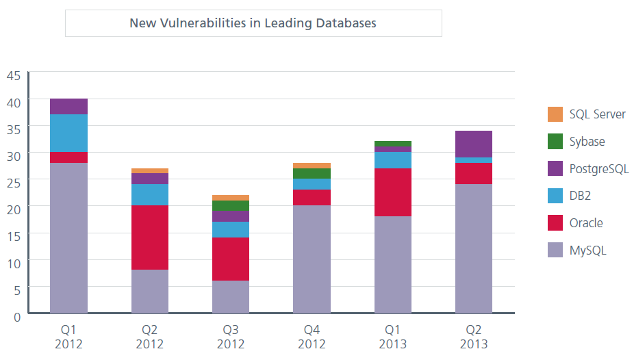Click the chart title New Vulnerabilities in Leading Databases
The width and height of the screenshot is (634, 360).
[x=253, y=23]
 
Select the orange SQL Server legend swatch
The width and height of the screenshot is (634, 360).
[x=555, y=114]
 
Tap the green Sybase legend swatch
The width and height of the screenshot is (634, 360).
[x=555, y=142]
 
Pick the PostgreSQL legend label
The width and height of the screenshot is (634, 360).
[x=598, y=169]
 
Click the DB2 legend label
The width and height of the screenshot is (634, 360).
[x=580, y=196]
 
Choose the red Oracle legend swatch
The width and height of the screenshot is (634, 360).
[x=555, y=223]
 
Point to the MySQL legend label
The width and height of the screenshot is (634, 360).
[x=587, y=250]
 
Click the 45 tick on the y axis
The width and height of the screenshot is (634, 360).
[x=14, y=76]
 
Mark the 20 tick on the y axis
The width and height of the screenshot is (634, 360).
[x=14, y=207]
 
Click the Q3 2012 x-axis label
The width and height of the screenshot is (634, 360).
[x=231, y=337]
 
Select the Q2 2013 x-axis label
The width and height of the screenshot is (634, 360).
[x=474, y=337]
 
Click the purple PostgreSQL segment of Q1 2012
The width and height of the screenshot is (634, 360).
[x=68, y=106]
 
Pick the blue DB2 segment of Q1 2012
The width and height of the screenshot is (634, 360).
[x=68, y=133]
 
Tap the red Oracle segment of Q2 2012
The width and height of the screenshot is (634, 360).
[x=150, y=237]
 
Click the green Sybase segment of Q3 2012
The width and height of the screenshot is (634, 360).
[x=231, y=205]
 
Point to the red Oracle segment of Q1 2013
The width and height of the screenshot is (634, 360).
[x=393, y=192]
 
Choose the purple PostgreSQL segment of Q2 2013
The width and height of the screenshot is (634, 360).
[x=474, y=144]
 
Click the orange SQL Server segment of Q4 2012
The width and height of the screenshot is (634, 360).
[x=312, y=166]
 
